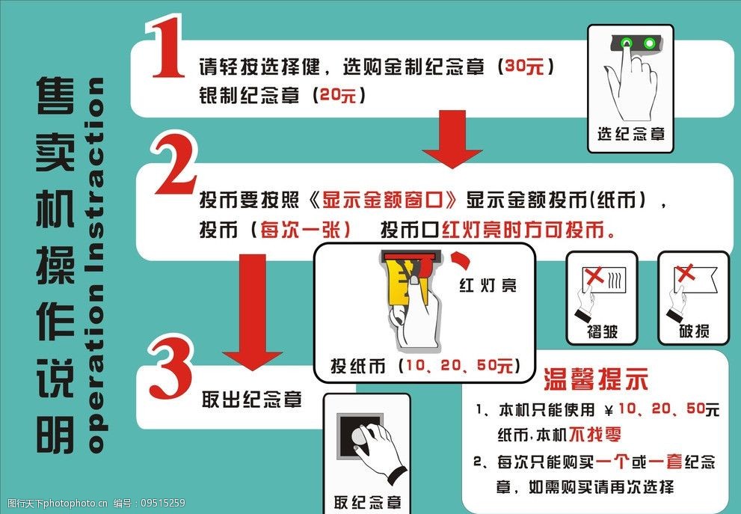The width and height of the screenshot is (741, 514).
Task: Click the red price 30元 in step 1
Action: click(524, 67)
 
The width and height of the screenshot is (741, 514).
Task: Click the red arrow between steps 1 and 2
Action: click(452, 138)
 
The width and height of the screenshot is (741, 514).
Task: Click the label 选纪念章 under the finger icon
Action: click(630, 135)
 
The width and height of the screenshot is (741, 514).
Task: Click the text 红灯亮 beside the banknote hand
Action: click(487, 285)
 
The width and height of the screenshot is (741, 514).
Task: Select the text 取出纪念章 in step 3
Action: click(252, 400)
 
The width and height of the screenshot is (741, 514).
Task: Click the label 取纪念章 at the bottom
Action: click(367, 502)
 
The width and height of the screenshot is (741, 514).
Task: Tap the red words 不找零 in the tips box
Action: click(597, 435)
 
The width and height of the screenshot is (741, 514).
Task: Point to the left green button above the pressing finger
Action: click(627, 43)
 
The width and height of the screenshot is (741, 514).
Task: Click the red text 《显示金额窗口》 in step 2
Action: click(382, 201)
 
